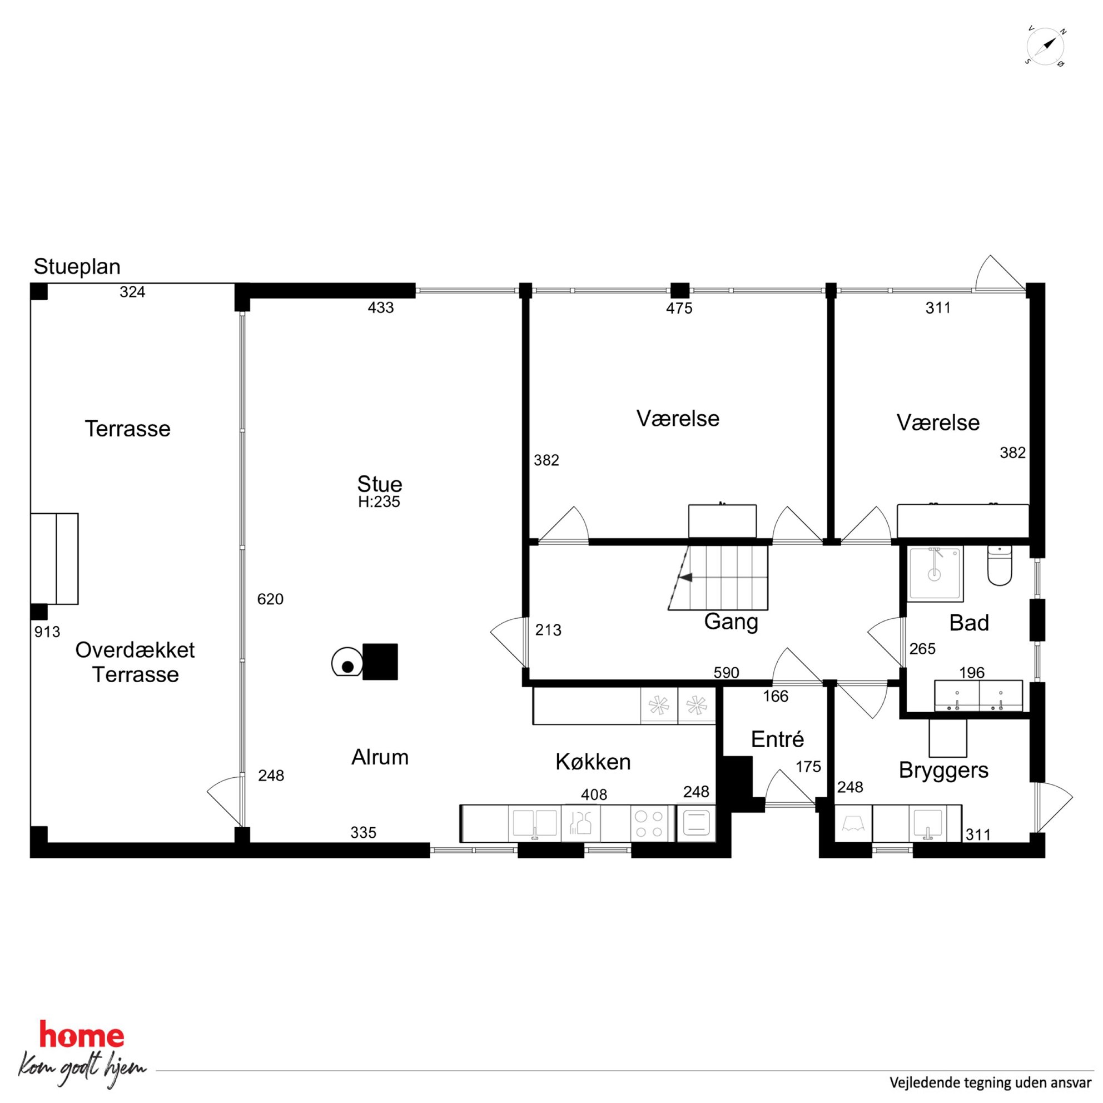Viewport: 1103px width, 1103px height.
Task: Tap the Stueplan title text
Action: click(x=77, y=267)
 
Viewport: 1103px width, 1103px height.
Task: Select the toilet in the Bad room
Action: click(x=1000, y=565)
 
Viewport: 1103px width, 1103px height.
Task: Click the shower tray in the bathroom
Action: click(x=936, y=574)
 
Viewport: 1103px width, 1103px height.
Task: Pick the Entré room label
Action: click(x=777, y=739)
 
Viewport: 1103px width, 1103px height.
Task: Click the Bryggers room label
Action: click(x=943, y=770)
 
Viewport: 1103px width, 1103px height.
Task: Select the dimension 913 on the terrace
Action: click(x=47, y=632)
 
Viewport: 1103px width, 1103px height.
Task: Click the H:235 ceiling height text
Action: click(x=379, y=502)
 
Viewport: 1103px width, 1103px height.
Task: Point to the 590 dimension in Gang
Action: click(x=726, y=673)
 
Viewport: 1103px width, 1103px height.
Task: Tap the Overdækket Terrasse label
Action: click(x=135, y=662)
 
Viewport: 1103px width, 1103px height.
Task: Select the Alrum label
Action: click(x=380, y=757)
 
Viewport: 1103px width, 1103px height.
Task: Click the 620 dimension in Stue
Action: click(x=270, y=599)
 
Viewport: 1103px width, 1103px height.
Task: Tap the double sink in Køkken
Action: click(x=534, y=824)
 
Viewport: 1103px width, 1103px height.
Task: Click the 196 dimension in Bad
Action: click(x=972, y=673)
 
